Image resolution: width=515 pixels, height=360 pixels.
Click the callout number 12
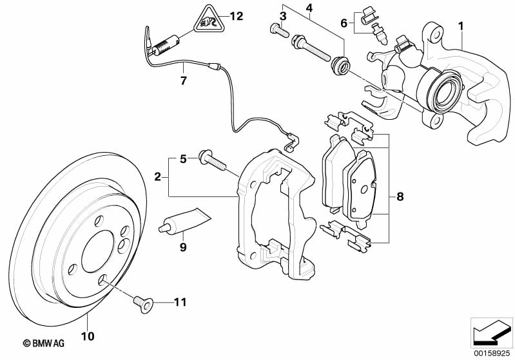coord(236,15)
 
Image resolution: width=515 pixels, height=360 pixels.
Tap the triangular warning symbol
coord(209,20)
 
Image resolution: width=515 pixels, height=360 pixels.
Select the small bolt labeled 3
coord(279,30)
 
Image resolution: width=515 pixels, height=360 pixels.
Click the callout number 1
coord(461,26)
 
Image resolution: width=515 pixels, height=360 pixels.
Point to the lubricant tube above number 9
coord(185,220)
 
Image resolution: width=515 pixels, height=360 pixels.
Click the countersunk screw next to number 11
coord(143,303)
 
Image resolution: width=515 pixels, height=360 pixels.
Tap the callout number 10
coord(88,336)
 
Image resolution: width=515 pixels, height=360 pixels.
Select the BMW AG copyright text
coord(44,343)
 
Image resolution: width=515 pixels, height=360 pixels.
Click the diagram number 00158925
coord(492,354)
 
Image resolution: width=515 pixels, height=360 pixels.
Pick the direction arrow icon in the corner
coord(492,332)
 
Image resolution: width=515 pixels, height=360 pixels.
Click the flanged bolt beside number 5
coord(211,160)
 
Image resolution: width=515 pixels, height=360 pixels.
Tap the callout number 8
coord(400,196)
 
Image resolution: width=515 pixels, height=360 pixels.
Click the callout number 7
coord(184,81)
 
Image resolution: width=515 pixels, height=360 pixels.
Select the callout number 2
coord(158,177)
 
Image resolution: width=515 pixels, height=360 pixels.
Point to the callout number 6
coord(344,23)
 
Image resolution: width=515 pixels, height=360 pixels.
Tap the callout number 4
coord(309,7)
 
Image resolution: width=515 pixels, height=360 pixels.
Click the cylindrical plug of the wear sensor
coord(166,45)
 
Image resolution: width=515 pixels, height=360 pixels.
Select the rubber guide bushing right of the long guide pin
coord(340,65)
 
